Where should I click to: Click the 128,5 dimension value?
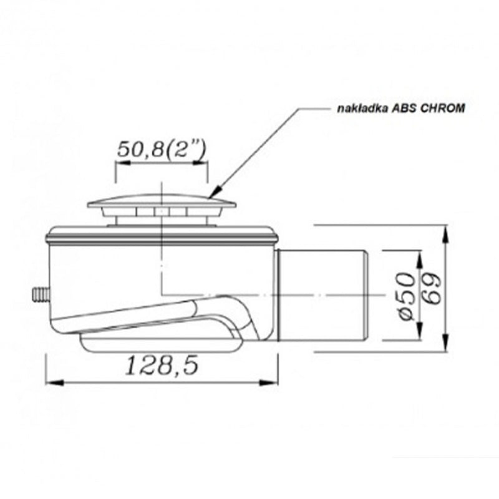[x=162, y=366]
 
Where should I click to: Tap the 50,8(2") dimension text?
[x=162, y=149]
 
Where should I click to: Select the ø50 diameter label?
[x=407, y=295]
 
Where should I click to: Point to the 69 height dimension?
[x=432, y=288]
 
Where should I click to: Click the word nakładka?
[x=362, y=109]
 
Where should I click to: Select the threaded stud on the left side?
[x=41, y=295]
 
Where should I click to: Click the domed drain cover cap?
[x=162, y=201]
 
